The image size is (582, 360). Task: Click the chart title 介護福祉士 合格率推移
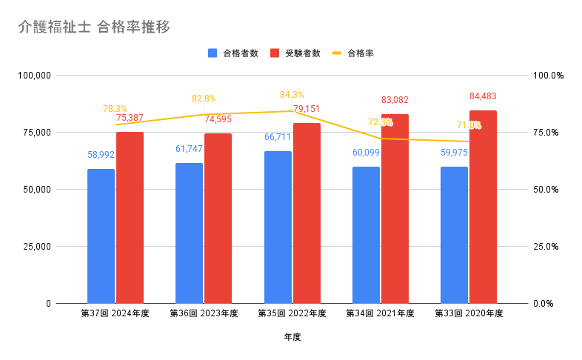(x=94, y=28)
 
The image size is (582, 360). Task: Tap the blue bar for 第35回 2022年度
(x=278, y=227)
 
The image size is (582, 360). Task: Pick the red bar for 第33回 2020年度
(x=483, y=207)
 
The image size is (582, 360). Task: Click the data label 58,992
(x=101, y=155)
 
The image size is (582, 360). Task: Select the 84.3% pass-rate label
(x=292, y=95)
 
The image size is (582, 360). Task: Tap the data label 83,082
(x=395, y=100)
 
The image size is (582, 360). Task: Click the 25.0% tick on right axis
(x=549, y=247)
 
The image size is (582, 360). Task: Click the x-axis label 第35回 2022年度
(x=292, y=313)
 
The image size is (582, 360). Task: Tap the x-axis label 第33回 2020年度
(x=469, y=313)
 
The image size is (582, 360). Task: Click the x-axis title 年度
(x=292, y=337)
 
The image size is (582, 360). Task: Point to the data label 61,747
(x=189, y=149)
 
